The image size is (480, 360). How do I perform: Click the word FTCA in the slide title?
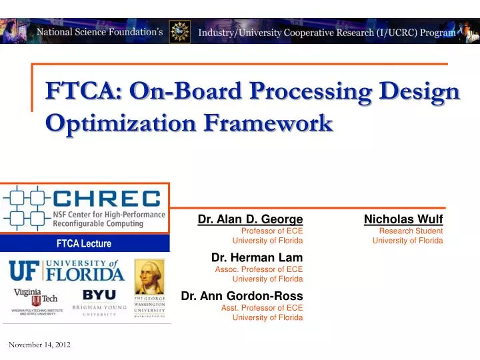(x=73, y=91)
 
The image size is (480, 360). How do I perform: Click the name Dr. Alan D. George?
(x=250, y=219)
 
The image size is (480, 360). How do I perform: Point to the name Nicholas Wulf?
(x=403, y=219)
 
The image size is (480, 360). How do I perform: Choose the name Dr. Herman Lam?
(x=257, y=257)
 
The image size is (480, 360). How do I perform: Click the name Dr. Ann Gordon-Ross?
(x=242, y=295)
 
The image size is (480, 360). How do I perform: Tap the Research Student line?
(x=411, y=231)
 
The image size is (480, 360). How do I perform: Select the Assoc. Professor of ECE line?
(x=259, y=269)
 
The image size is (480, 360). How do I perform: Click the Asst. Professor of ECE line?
(x=262, y=307)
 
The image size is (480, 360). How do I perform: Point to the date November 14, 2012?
(x=39, y=344)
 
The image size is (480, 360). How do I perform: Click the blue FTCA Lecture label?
(x=83, y=244)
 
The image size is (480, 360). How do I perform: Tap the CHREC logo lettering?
(x=107, y=199)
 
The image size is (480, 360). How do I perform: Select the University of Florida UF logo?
(x=66, y=271)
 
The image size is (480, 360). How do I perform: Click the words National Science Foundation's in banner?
(x=99, y=31)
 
